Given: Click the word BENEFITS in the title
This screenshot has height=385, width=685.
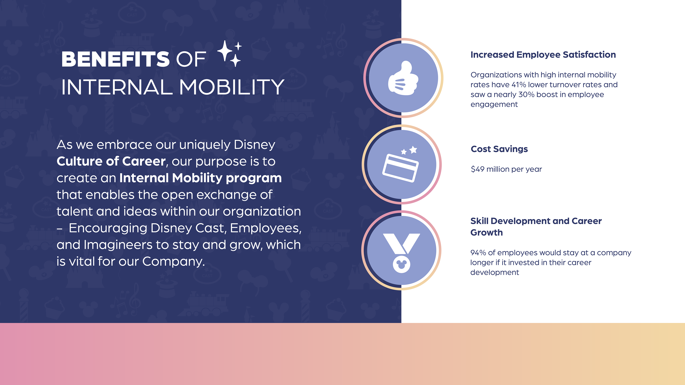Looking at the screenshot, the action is (x=115, y=59).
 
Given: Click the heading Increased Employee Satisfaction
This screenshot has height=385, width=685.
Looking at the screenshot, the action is (x=543, y=55).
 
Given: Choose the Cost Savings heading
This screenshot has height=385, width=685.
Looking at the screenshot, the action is (x=499, y=149).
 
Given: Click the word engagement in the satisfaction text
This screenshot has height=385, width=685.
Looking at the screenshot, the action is (x=494, y=105).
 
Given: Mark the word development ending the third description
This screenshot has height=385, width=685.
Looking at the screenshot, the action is (x=495, y=272).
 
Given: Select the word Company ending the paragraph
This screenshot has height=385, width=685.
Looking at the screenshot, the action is (x=173, y=262).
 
